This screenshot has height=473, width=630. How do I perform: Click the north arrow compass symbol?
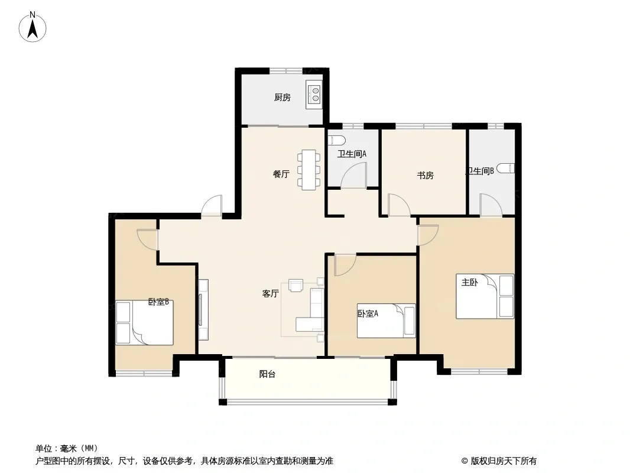point(33,27)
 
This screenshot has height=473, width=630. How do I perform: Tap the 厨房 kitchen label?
point(282,97)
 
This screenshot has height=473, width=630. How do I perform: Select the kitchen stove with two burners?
point(314,95)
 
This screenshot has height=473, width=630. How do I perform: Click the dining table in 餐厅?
point(309,170)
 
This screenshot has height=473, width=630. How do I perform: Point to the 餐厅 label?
point(281,174)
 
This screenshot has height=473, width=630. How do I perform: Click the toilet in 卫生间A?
point(337,140)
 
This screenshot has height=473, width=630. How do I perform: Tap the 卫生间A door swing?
point(353,176)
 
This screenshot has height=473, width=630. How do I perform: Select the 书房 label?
point(425,175)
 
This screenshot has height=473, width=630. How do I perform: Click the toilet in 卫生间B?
point(505,169)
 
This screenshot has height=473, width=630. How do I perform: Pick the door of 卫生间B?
point(489,205)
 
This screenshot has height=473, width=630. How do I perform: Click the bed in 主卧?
point(485,296)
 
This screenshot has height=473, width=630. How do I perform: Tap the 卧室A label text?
point(368,313)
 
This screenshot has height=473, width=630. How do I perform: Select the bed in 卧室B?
point(145,323)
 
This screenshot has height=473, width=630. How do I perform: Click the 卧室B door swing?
point(148,240)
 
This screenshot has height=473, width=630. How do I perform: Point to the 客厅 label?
point(271,294)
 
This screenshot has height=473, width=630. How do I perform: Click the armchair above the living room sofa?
point(296,285)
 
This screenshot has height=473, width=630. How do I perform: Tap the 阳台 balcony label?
point(267,374)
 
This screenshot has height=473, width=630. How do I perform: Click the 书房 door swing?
point(398,205)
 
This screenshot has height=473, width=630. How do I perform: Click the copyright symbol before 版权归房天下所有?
point(465,461)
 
